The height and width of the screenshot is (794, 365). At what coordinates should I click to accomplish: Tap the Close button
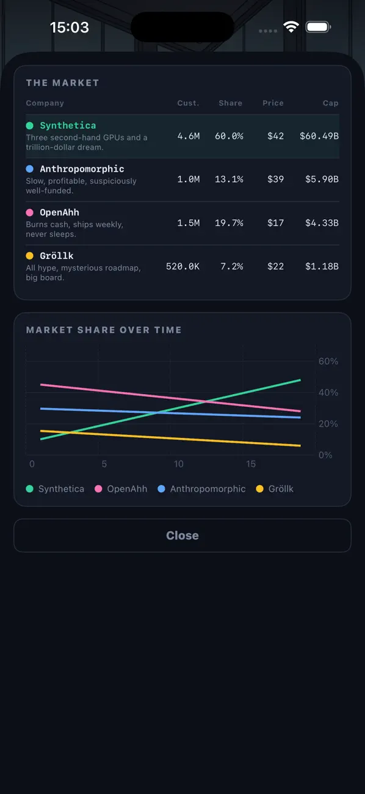tap(182, 535)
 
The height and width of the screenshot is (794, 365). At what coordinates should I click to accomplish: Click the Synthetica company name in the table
tap(68, 125)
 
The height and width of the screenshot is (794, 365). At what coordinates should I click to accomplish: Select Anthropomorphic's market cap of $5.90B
tap(322, 179)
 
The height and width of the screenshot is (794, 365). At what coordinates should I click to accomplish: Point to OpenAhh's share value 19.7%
tap(229, 222)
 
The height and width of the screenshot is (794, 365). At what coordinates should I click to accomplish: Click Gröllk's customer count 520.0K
tap(183, 266)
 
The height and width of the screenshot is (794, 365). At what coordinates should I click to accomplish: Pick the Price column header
tap(273, 103)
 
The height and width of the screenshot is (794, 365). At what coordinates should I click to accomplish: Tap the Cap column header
tap(330, 103)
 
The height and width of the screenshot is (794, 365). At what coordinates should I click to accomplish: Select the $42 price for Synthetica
tap(275, 136)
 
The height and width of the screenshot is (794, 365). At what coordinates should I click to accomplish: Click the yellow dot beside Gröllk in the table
tap(30, 255)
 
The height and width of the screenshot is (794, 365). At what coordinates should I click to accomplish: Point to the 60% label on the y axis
tap(328, 361)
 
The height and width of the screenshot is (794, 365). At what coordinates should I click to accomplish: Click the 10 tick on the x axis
tap(179, 464)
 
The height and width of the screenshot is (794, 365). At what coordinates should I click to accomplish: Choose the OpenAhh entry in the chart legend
tap(121, 489)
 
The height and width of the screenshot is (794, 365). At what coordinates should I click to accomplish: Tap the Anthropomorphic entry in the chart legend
tap(201, 489)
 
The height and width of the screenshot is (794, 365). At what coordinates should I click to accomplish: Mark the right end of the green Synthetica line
tap(300, 380)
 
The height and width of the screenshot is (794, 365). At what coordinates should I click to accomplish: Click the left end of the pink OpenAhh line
tap(41, 384)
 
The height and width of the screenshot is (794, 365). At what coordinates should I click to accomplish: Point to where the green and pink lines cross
tap(206, 402)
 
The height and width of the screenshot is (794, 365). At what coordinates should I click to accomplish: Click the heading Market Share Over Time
tap(104, 330)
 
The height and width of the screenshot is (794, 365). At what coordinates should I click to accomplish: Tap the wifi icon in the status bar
tap(291, 27)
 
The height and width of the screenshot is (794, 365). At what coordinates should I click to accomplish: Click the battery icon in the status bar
tap(318, 27)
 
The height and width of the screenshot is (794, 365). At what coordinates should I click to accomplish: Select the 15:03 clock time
tap(70, 27)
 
